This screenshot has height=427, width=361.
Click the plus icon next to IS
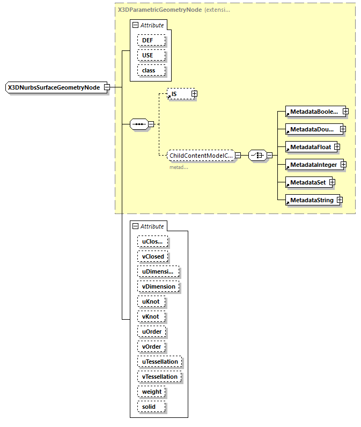[194, 94]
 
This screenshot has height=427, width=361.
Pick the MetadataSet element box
[307, 182]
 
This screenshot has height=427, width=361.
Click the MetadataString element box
[311, 200]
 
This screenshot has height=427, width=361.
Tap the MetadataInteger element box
[313, 164]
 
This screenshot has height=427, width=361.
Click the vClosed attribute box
[152, 256]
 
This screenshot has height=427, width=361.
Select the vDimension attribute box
[158, 286]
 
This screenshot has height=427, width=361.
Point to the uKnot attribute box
[150, 301]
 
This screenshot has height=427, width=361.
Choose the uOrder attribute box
[152, 332]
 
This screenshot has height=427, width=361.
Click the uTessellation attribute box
[159, 362]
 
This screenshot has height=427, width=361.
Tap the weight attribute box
[152, 392]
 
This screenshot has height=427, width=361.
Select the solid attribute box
[149, 407]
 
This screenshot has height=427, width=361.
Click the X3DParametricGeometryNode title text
[159, 10]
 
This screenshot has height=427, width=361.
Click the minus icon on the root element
[107, 87]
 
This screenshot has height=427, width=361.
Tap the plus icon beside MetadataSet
[332, 182]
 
